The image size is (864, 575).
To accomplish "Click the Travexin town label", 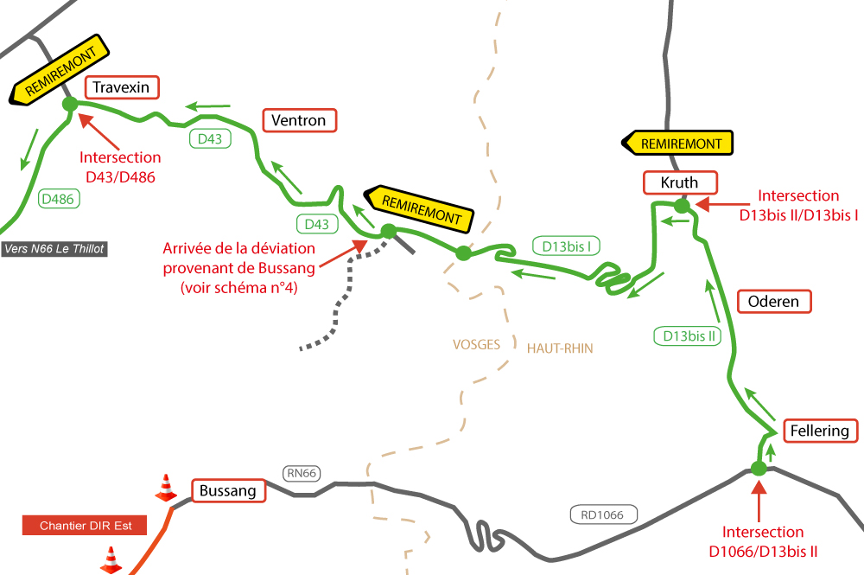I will [x=121, y=87].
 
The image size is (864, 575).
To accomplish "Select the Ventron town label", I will [x=298, y=120].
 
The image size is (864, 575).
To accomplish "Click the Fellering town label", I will [x=819, y=431].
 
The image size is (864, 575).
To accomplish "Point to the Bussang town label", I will [x=227, y=491].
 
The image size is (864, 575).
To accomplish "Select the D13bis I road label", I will [x=566, y=246].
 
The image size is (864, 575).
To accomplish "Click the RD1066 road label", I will [x=602, y=514].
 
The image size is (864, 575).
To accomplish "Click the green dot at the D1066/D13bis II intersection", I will [x=759, y=469].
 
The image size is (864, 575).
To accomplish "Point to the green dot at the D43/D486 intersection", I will [x=70, y=104].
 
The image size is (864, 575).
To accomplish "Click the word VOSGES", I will [x=476, y=344].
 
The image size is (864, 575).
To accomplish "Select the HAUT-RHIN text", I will [x=560, y=348].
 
